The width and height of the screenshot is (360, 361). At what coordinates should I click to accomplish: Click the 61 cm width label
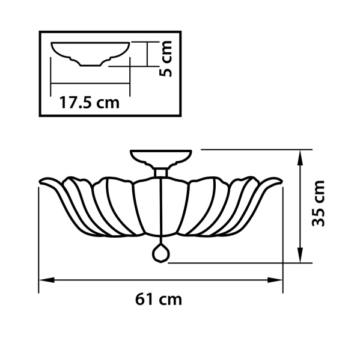coord(158,300)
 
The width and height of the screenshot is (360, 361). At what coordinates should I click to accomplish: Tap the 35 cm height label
coord(318,203)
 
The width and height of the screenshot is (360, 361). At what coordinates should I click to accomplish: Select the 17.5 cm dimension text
coord(90,102)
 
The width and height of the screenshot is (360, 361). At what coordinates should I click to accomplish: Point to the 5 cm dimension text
coord(166,58)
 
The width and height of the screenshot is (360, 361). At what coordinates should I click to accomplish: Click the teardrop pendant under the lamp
coord(160,253)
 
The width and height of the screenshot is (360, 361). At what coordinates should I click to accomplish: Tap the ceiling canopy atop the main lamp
coord(161,159)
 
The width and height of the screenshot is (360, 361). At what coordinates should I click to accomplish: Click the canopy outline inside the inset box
coord(90,54)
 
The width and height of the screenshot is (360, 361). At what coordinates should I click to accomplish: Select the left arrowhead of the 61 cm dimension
coord(46,280)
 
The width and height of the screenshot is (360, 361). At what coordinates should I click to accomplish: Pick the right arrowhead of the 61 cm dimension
coord(275,280)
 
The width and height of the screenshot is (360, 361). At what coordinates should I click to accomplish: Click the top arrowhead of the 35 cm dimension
coord(300,158)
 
